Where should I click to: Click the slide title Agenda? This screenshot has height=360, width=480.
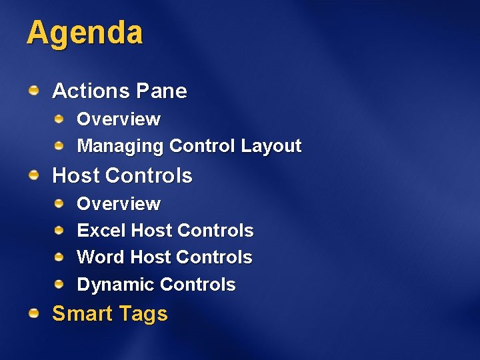85,33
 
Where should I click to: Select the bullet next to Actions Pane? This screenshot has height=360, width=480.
33,89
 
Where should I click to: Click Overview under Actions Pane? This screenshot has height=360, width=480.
119,119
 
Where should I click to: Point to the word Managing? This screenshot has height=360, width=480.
121,146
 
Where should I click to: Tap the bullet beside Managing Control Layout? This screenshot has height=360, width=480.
59,145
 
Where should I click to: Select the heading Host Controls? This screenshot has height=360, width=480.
122,176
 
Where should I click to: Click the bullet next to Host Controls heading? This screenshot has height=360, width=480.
33,175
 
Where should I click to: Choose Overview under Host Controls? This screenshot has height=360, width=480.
119,204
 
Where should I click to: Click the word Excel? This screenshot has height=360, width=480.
101,231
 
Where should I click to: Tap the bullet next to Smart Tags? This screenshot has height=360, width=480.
33,313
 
